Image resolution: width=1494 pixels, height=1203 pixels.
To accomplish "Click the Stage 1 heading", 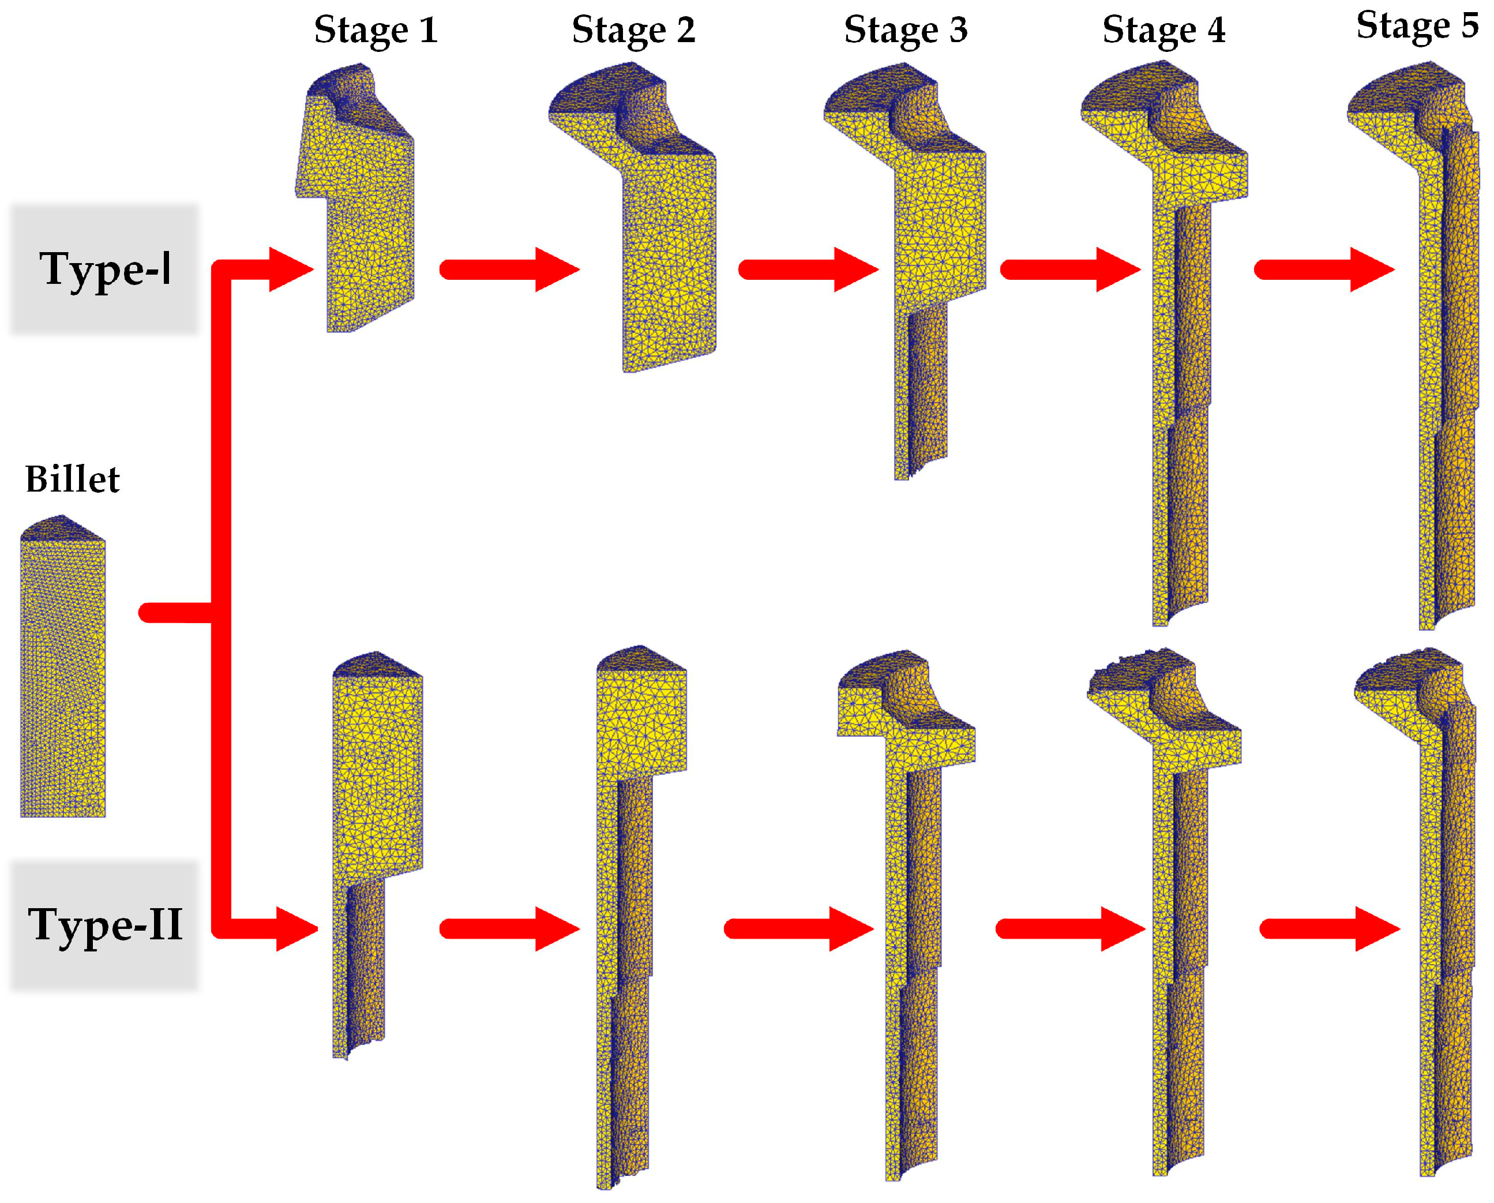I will pyautogui.click(x=376, y=31).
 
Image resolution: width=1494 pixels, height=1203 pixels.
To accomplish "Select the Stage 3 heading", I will pyautogui.click(x=905, y=31).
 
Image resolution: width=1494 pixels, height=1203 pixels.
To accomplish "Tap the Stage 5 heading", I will pyautogui.click(x=1417, y=27).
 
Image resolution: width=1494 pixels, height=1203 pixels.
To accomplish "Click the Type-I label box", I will pyautogui.click(x=104, y=269).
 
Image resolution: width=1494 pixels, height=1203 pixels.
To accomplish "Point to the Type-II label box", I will pyautogui.click(x=104, y=925).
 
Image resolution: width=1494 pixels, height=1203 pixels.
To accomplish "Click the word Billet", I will pyautogui.click(x=72, y=479).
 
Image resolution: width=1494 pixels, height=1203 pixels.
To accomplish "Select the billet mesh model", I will pyautogui.click(x=62, y=672).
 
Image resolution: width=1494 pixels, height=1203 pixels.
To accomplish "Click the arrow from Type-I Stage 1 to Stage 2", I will pyautogui.click(x=509, y=269).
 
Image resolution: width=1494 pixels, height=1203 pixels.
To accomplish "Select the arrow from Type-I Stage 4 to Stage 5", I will pyautogui.click(x=1323, y=269).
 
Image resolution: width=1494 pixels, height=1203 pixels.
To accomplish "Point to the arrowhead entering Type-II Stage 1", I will pyautogui.click(x=296, y=928).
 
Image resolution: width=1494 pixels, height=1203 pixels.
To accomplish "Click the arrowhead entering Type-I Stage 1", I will pyautogui.click(x=291, y=269).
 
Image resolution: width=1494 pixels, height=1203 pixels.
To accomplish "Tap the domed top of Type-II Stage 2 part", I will pyautogui.click(x=641, y=658).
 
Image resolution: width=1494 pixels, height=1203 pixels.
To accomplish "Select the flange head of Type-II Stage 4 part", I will pyautogui.click(x=1164, y=714).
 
